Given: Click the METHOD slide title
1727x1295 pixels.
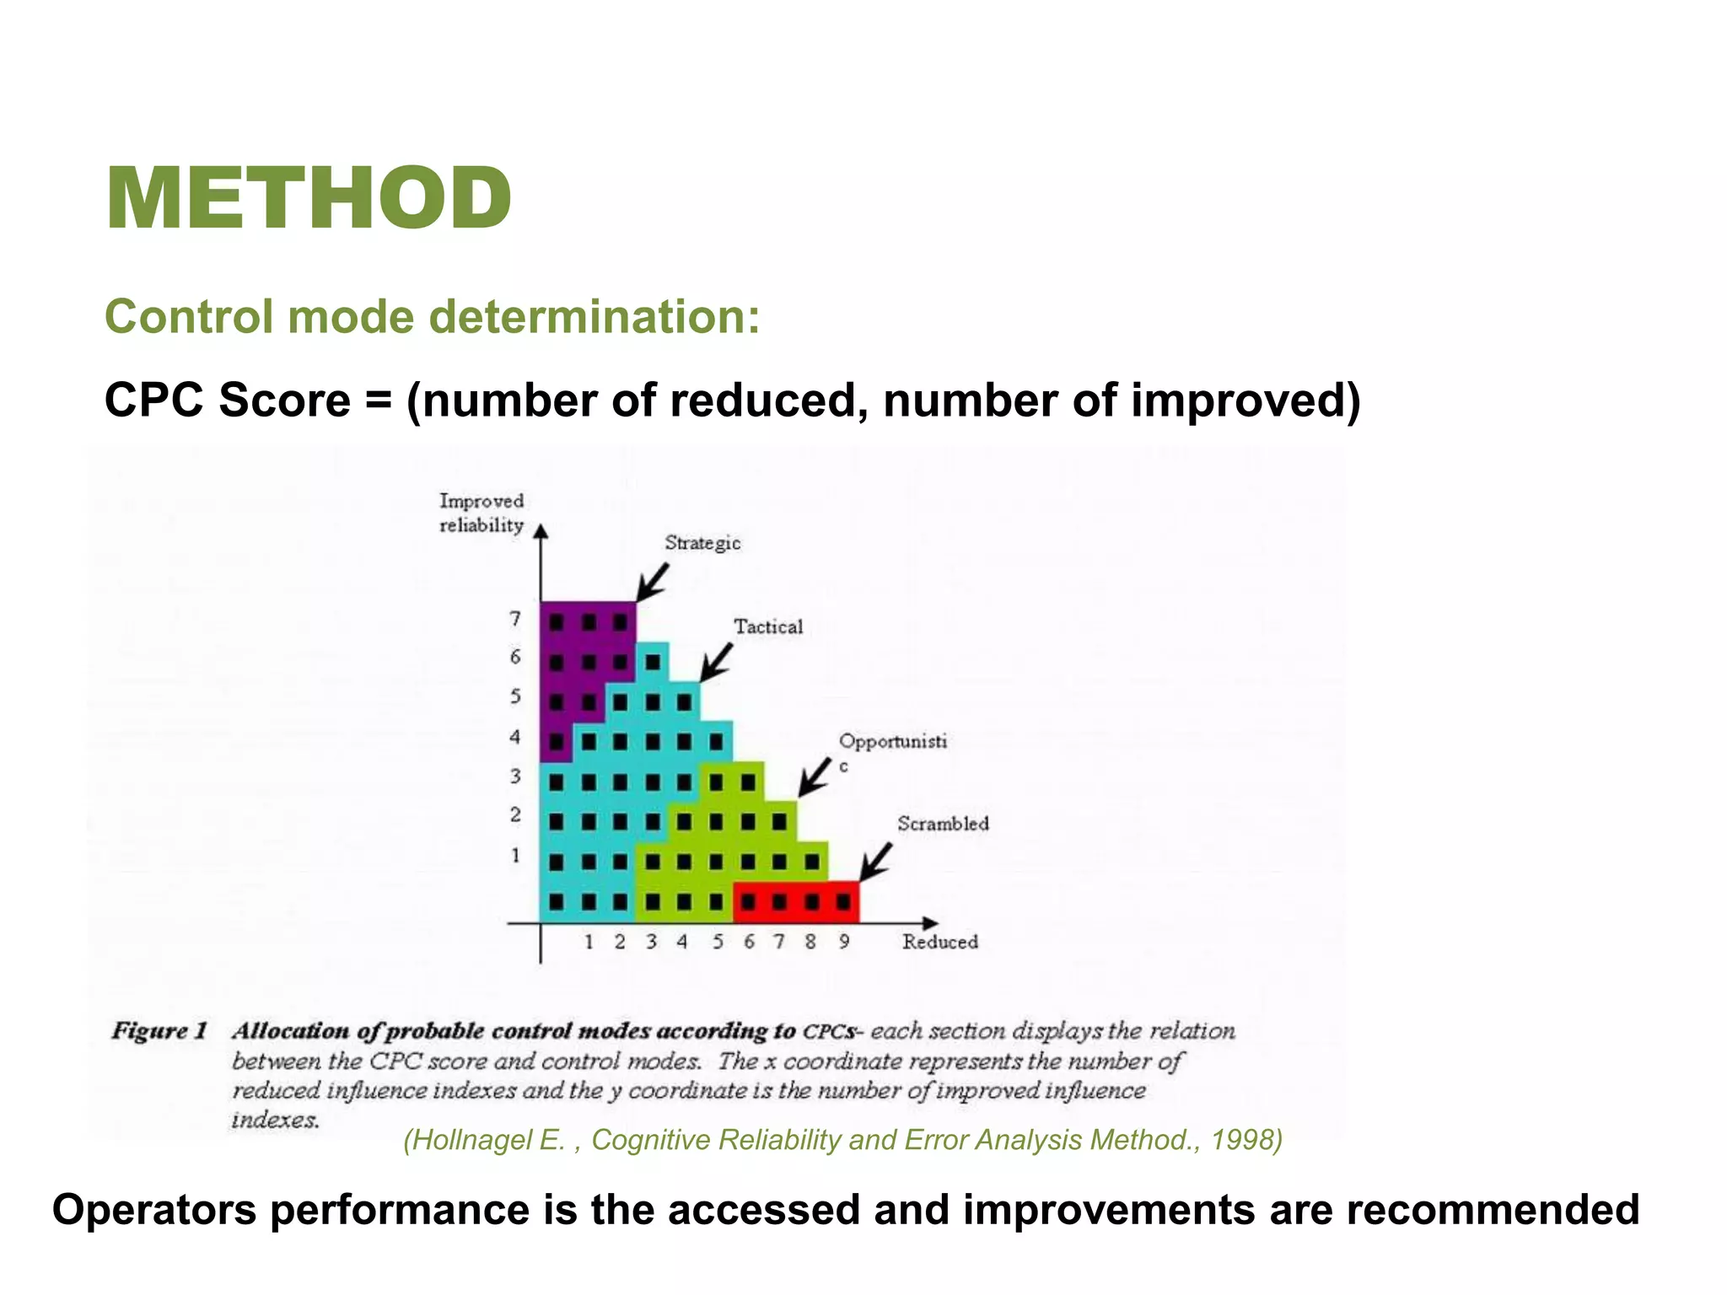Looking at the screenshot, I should tap(309, 199).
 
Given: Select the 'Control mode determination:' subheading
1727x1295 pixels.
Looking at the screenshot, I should tap(432, 317).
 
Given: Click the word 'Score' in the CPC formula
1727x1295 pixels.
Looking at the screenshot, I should tap(284, 400).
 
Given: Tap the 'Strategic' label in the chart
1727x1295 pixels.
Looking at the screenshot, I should tap(702, 543).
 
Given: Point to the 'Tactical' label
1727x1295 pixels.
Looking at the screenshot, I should tap(767, 626).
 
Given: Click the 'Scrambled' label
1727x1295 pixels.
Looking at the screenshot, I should tap(942, 824).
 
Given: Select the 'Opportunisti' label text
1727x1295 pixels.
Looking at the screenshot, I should tap(892, 741).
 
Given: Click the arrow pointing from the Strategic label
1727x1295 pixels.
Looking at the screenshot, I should tap(652, 582).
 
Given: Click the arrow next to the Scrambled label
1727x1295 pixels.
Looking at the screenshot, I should tap(876, 862).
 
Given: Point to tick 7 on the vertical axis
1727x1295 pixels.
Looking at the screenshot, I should tap(515, 619).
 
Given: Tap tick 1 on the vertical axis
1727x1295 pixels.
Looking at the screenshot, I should tap(515, 856).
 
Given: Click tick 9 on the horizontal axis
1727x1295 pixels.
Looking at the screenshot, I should tap(843, 942).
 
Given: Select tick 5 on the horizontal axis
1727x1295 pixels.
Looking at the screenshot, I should tap(718, 942).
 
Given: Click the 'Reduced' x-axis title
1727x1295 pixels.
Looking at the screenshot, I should tap(939, 942).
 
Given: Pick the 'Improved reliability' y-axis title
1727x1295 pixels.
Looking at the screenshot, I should tap(482, 513).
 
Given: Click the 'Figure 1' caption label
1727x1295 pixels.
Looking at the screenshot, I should tap(159, 1031).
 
